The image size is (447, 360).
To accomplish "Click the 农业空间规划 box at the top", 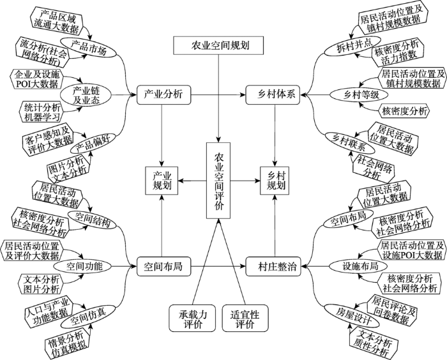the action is [218, 45].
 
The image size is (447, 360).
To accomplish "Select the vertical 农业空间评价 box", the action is [218, 181].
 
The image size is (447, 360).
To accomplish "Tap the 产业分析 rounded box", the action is [163, 94].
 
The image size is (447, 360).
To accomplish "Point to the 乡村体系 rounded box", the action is [273, 94].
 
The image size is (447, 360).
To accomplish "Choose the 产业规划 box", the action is [162, 181].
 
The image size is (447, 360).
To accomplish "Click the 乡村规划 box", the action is [275, 181].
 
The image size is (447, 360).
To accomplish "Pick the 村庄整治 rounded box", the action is [273, 267].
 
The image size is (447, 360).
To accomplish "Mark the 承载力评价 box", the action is [192, 318].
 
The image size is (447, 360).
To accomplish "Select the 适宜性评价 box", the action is [245, 318].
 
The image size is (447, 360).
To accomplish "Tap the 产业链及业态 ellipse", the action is [86, 95].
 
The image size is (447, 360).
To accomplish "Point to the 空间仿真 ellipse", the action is [89, 317].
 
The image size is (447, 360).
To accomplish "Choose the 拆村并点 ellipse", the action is [352, 45].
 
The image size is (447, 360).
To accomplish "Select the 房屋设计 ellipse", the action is [352, 315].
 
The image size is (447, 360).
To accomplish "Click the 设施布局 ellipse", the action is [358, 267].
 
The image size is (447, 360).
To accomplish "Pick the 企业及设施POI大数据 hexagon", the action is [37, 79].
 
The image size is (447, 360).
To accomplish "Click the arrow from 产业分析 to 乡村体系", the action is [218, 94].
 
